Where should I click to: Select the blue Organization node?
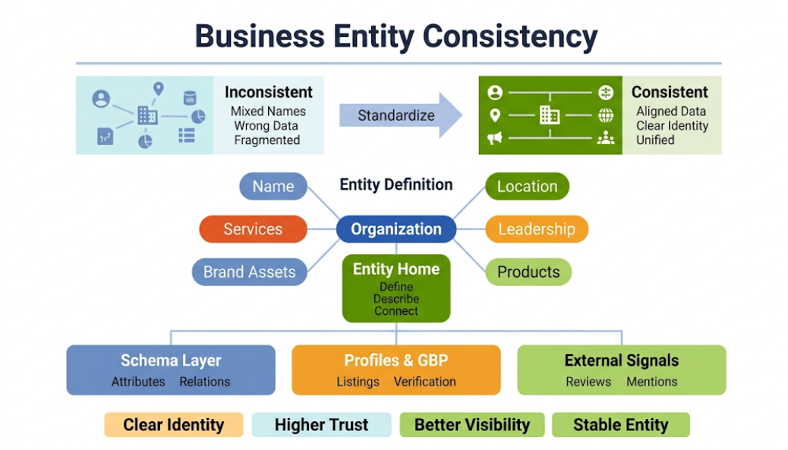[x=396, y=229]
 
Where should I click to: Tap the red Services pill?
[x=253, y=229]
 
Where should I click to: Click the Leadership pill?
[x=537, y=229]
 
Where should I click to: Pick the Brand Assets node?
[x=249, y=272]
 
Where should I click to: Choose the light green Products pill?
[x=528, y=272]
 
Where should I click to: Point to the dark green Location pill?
[x=527, y=187]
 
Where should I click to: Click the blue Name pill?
[x=273, y=187]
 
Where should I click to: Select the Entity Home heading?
[x=396, y=269]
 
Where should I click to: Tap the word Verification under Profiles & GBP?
[x=424, y=382]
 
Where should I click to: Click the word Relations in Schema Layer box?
[x=204, y=382]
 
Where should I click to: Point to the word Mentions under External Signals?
[x=652, y=382]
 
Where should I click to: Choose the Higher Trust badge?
[x=322, y=425]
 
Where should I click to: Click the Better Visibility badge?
[x=472, y=425]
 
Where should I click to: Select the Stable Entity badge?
[x=621, y=425]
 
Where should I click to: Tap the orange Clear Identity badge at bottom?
[x=174, y=425]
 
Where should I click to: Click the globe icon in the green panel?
[x=606, y=115]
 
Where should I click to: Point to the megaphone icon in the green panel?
[x=494, y=137]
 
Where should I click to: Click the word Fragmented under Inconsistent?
[x=267, y=140]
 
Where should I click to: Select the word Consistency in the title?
[x=510, y=36]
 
